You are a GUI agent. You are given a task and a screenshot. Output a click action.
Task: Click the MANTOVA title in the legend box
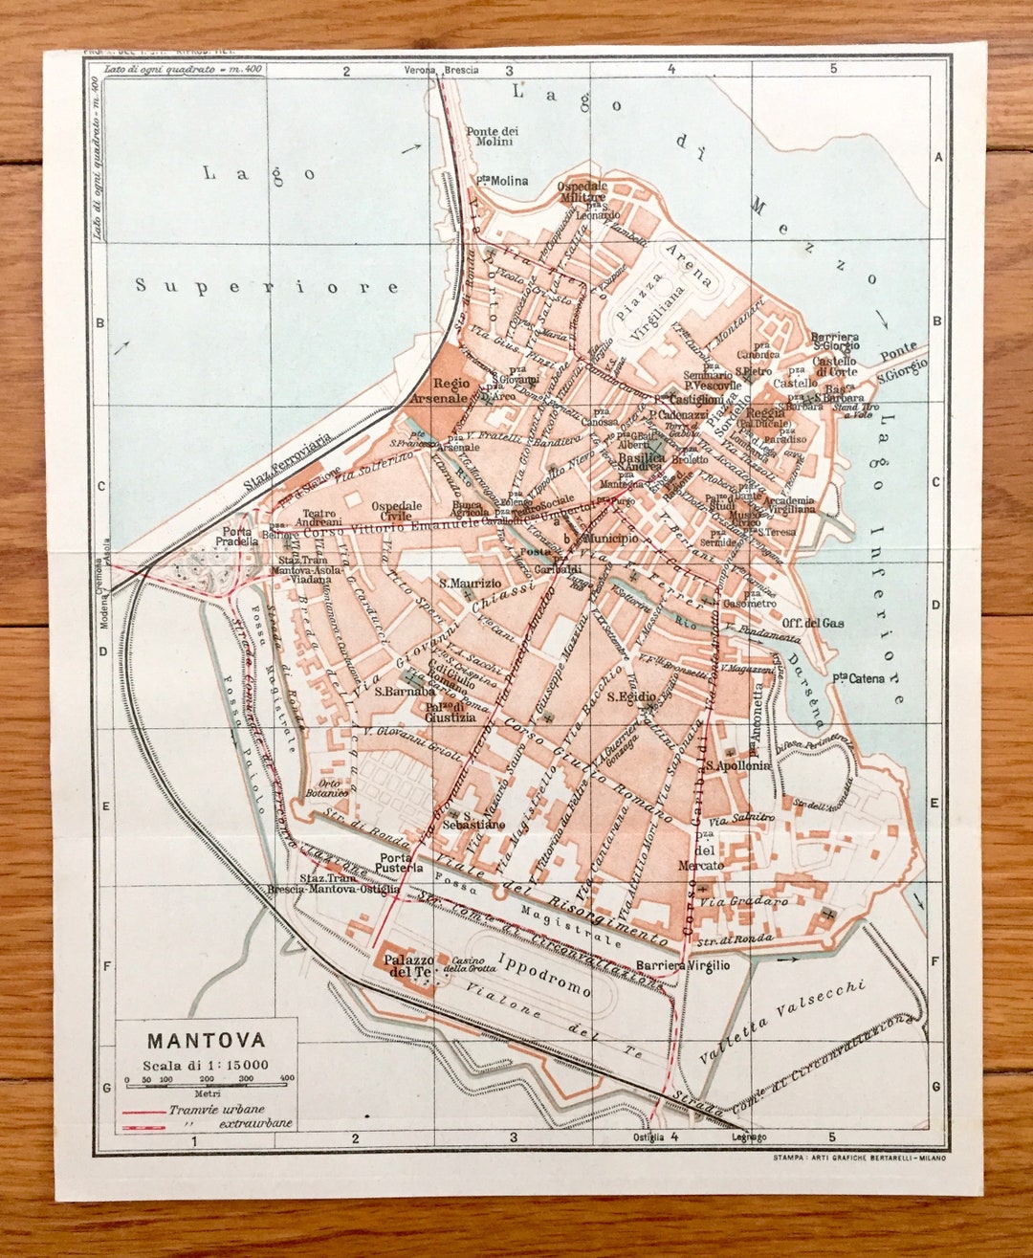pyautogui.click(x=206, y=1040)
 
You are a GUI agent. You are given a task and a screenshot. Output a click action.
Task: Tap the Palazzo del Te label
pyautogui.click(x=408, y=965)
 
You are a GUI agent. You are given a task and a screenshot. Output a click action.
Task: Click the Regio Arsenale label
pyautogui.click(x=439, y=390)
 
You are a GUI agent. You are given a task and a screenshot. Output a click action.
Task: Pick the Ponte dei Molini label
pyautogui.click(x=492, y=136)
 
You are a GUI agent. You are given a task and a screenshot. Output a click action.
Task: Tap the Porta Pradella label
pyautogui.click(x=236, y=536)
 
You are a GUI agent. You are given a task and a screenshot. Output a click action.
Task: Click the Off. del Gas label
pyautogui.click(x=812, y=623)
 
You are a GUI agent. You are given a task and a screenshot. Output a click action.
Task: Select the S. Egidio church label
pyautogui.click(x=631, y=696)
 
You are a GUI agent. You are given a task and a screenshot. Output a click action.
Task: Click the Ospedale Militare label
pyautogui.click(x=582, y=191)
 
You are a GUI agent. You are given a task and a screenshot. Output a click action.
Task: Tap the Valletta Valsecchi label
pyautogui.click(x=782, y=1023)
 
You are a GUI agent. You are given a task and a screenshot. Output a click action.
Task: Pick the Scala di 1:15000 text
pyautogui.click(x=206, y=1065)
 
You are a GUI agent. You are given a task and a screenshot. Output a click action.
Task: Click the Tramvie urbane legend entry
pyautogui.click(x=217, y=1110)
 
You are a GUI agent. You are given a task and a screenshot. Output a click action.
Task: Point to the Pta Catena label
pyautogui.click(x=858, y=678)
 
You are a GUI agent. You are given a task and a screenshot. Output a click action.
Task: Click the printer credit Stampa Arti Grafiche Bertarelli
pyautogui.click(x=859, y=1159)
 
